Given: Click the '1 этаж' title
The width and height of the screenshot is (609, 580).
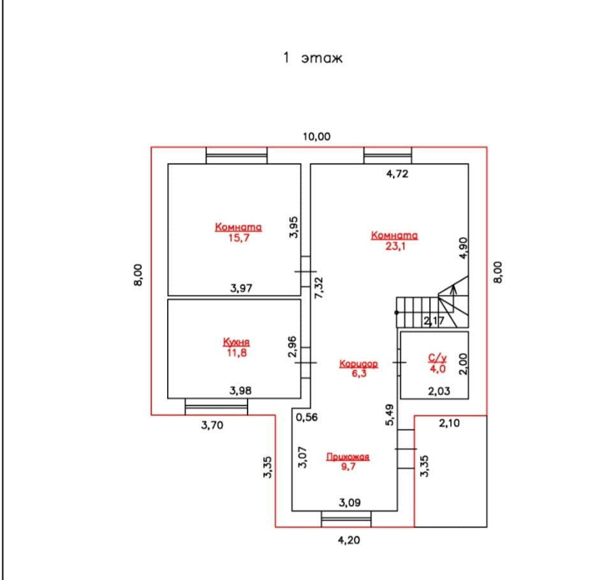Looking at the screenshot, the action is (312, 59).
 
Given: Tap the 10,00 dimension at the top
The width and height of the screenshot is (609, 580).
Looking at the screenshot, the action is (317, 136).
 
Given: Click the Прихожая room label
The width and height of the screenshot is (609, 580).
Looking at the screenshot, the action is (348, 456).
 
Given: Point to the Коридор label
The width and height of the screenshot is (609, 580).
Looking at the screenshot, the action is (358, 363).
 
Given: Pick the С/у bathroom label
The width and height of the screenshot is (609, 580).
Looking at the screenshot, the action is (437, 359).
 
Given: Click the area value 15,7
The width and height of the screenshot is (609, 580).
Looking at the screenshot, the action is (238, 238).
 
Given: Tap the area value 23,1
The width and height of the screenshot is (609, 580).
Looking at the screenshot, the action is (395, 247).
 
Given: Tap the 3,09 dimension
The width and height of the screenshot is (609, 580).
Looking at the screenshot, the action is (350, 502).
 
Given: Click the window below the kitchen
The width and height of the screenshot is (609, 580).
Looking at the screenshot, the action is (216, 407).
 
